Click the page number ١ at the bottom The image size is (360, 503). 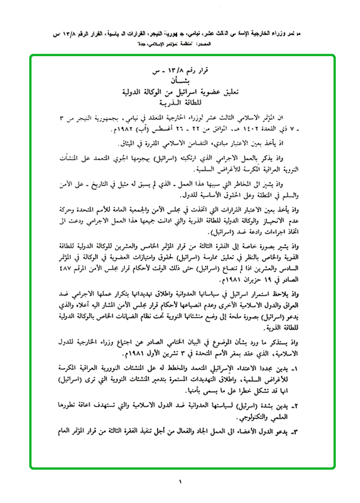180,481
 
